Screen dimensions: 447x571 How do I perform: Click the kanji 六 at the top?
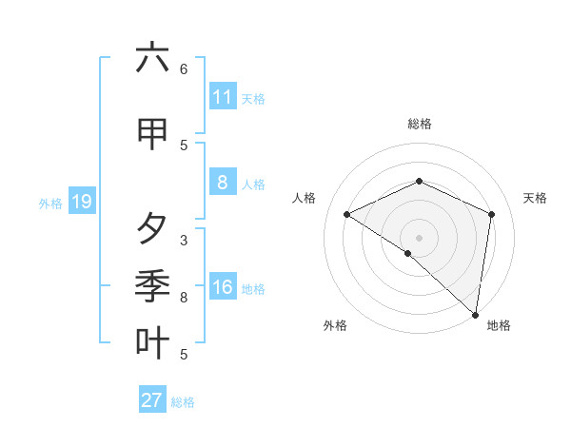[152, 58]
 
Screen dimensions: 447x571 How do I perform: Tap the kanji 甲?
[152, 134]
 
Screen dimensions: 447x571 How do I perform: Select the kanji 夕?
[152, 229]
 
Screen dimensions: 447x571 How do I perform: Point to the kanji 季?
[152, 286]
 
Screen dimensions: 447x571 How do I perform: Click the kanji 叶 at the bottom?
[152, 343]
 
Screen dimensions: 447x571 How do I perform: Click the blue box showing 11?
[222, 97]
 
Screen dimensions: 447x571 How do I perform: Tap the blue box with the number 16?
[222, 288]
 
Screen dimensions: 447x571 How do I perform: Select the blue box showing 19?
[81, 202]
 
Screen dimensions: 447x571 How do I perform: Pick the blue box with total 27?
[152, 400]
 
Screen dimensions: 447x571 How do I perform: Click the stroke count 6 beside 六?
[184, 69]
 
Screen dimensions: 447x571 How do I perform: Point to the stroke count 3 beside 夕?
[184, 241]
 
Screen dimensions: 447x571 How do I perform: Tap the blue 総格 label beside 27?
[183, 402]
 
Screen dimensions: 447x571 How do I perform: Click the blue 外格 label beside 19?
[50, 203]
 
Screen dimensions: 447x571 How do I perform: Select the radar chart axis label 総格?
[419, 124]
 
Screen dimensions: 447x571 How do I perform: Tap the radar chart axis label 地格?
[499, 325]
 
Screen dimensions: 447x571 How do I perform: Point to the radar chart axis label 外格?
[335, 325]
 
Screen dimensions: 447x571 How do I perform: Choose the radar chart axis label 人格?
[304, 198]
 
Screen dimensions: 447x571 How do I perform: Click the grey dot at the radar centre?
[419, 237]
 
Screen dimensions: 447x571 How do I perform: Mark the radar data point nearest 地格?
[475, 314]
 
